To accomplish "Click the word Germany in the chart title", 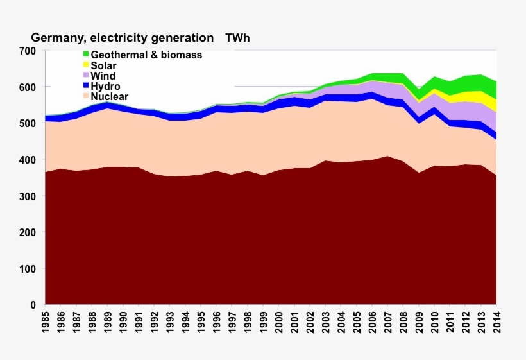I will pyautogui.click(x=56, y=38).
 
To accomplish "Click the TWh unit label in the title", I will pyautogui.click(x=237, y=38).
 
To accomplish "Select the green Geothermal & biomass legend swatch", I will pyautogui.click(x=85, y=55).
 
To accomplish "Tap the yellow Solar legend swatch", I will pyautogui.click(x=85, y=65).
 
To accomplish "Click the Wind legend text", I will pyautogui.click(x=103, y=76).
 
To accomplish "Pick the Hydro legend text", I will pyautogui.click(x=106, y=86).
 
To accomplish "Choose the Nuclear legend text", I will pyautogui.click(x=110, y=96).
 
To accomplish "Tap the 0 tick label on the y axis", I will pyautogui.click(x=32, y=305).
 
